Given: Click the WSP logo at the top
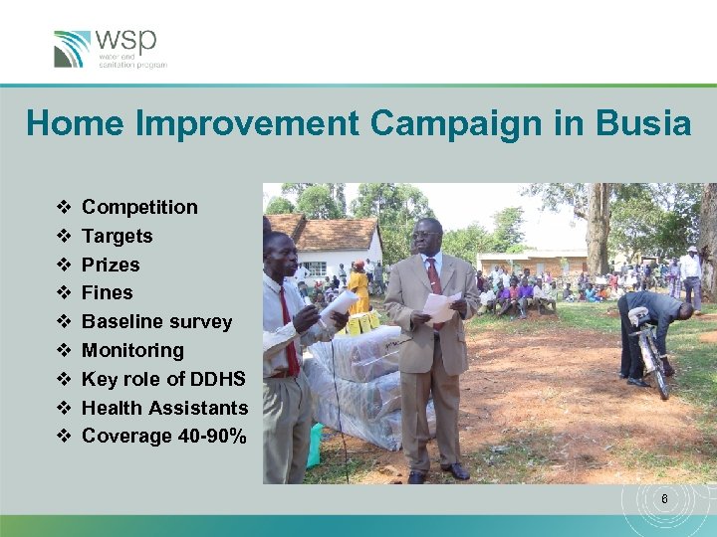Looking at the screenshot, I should click(110, 48).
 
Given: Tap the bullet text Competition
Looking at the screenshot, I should click(139, 207).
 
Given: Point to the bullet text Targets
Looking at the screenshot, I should click(117, 236).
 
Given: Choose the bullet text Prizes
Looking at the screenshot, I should click(111, 265).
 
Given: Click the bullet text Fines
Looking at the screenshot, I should click(107, 292).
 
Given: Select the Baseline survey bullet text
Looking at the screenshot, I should click(156, 321).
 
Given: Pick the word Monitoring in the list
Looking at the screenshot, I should click(132, 350).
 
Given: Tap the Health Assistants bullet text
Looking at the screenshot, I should click(164, 408).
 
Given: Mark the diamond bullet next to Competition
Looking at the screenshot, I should click(64, 207).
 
